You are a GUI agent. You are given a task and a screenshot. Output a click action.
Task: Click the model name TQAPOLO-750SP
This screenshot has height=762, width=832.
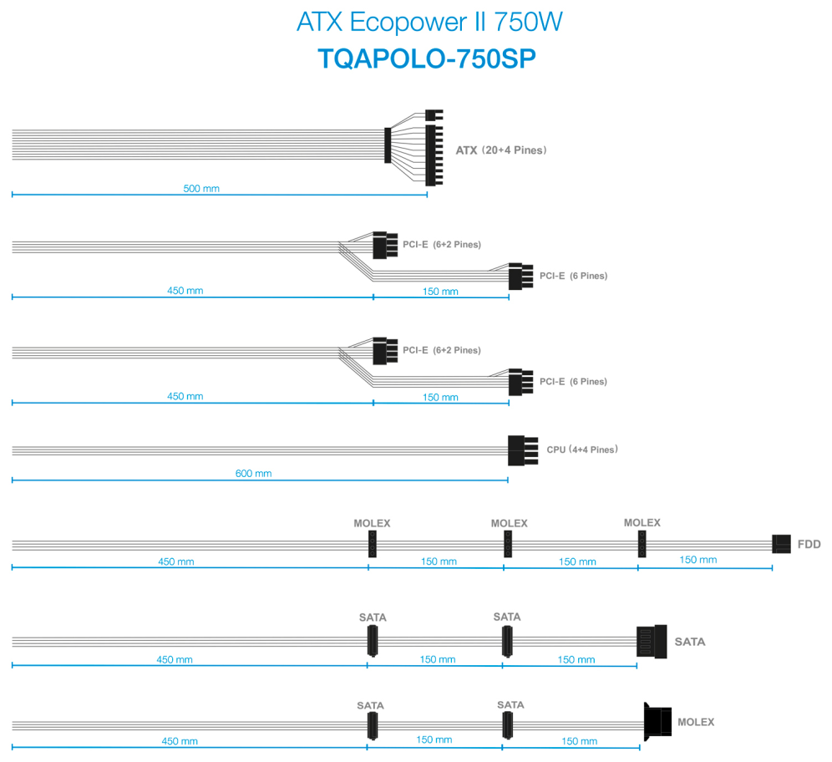click(427, 58)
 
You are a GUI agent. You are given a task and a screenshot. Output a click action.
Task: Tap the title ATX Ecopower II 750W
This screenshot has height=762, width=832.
click(429, 23)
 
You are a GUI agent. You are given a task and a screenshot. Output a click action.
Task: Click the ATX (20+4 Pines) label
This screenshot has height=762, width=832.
click(501, 150)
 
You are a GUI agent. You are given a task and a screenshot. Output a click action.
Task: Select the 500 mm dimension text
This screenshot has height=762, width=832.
click(201, 188)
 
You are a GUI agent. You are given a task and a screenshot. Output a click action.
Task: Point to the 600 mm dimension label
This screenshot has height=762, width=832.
click(253, 474)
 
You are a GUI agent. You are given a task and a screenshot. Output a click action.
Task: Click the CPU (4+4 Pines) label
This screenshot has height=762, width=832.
click(582, 450)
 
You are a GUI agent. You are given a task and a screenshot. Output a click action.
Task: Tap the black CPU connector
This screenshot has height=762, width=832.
click(523, 450)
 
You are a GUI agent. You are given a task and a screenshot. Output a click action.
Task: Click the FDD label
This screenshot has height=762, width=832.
click(809, 544)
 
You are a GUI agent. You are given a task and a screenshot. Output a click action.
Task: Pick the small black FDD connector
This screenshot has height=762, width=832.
click(781, 544)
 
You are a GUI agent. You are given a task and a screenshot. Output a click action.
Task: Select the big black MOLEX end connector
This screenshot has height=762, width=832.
click(657, 722)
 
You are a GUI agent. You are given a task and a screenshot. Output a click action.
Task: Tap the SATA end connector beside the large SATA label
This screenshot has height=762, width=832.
click(652, 642)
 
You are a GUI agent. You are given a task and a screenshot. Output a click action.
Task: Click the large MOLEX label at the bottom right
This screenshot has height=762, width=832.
click(696, 722)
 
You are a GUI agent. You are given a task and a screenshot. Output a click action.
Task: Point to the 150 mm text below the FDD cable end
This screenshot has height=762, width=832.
click(698, 560)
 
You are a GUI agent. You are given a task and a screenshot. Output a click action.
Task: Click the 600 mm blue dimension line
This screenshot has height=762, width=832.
click(260, 480)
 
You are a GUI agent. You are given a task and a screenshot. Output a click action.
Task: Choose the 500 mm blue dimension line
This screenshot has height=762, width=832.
click(219, 195)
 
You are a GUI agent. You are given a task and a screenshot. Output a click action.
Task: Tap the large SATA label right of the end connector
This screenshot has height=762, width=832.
click(690, 642)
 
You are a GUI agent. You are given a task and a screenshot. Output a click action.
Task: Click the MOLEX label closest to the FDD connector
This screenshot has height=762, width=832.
click(642, 523)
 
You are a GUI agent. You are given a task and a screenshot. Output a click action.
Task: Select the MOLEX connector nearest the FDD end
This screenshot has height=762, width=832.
click(642, 544)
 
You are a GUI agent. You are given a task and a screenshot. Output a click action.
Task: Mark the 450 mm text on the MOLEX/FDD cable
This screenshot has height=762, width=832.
click(175, 561)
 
